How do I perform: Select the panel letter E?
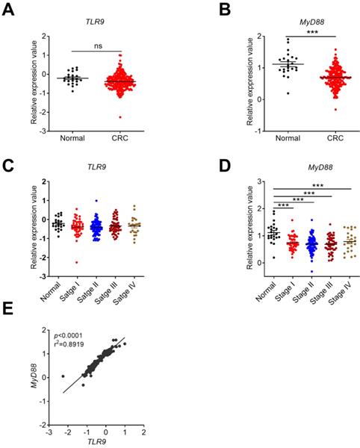pyautogui.click(x=9, y=308)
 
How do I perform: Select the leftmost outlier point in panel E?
pyautogui.click(x=63, y=376)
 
